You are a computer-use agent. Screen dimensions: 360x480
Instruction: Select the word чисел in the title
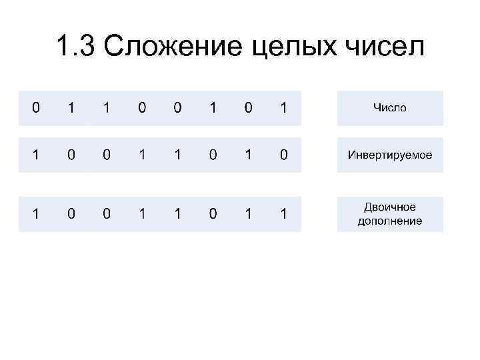coord(384,47)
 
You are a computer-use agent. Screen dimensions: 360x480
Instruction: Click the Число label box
coord(390,107)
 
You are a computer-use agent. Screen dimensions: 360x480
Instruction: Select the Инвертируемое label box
coord(390,155)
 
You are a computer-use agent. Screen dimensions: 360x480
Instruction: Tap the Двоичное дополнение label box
coord(390,213)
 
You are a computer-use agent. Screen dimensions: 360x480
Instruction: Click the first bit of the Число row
coord(35,107)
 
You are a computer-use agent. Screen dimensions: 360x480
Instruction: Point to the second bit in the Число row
coord(71,107)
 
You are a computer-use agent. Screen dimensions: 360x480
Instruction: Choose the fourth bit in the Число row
coord(142,107)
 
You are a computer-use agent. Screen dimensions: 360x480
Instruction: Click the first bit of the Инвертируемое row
coord(35,155)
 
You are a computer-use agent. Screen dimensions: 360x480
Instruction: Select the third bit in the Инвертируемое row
coord(107,155)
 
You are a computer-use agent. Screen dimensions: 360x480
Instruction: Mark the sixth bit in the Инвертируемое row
coord(213,155)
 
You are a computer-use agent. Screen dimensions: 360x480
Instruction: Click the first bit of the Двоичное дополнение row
coord(35,214)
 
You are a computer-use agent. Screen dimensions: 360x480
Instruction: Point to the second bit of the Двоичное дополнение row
coord(71,214)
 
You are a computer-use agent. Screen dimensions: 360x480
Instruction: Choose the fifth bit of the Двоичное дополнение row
coord(177,214)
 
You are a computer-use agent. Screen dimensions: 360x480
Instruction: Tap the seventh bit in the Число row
coord(248,107)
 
